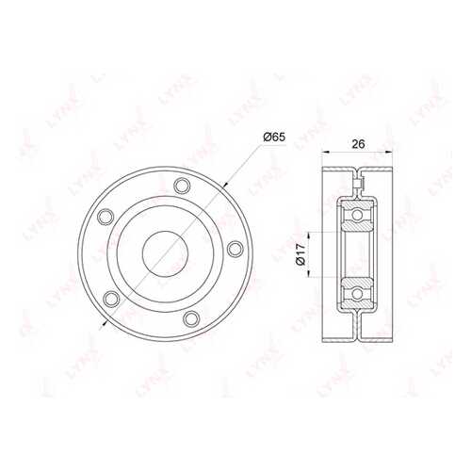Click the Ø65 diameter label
click(x=274, y=138)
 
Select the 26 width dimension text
click(x=358, y=144)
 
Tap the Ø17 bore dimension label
click(x=300, y=254)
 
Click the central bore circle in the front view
click(x=165, y=254)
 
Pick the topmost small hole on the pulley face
click(x=182, y=186)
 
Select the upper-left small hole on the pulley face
click(x=106, y=217)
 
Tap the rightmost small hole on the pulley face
click(x=235, y=249)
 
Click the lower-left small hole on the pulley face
click(x=111, y=299)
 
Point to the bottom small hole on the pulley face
click(x=191, y=318)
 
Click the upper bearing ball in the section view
click(x=357, y=215)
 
